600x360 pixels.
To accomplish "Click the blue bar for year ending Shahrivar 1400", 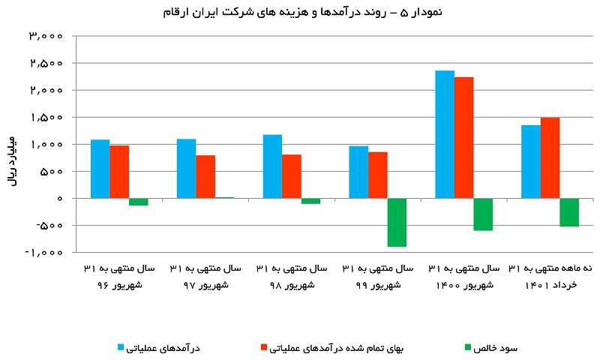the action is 445,134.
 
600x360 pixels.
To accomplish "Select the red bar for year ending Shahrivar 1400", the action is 464,138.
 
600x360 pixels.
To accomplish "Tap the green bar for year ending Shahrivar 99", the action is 397,222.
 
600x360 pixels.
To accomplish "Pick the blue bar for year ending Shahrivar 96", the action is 100,169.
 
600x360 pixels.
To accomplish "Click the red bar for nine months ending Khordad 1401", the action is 550,158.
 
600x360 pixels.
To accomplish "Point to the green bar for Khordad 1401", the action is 569,212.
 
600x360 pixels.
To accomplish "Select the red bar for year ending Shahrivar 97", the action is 205,177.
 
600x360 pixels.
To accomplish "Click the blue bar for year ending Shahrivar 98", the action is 272,166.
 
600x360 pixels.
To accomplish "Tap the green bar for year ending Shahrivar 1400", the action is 483,214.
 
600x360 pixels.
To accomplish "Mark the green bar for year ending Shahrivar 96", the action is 139,202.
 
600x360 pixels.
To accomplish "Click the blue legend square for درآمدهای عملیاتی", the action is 121,347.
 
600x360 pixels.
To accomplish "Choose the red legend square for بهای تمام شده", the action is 264,347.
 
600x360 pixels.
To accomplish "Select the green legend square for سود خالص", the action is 467,347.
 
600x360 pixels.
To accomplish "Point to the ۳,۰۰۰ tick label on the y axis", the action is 46,36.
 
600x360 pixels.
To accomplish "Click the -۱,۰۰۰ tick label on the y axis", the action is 43,253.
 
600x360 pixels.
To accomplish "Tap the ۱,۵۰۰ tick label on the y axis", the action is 46,117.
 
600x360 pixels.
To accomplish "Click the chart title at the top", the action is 303,12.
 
